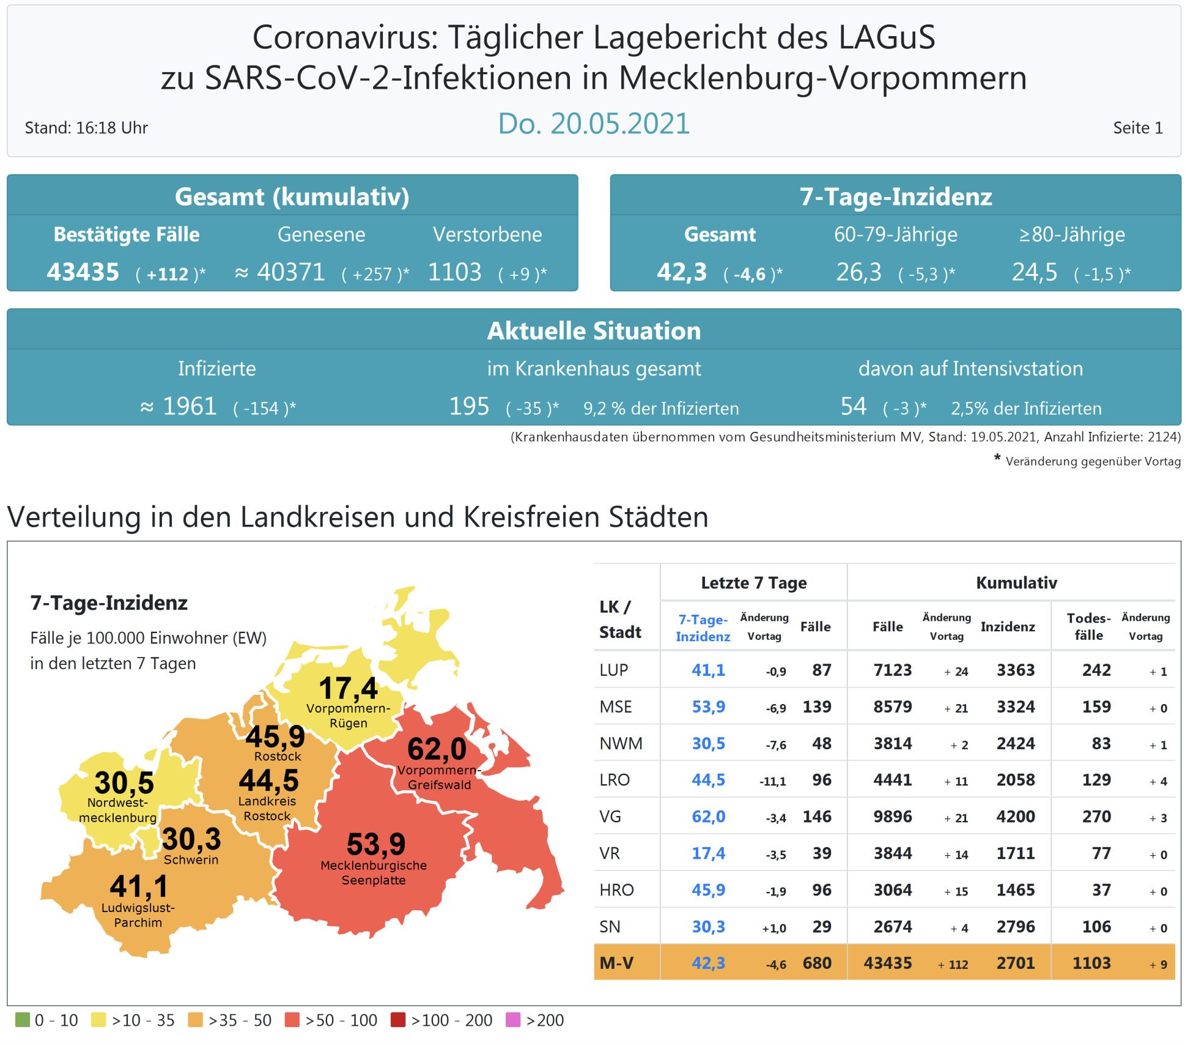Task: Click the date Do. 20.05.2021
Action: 593,124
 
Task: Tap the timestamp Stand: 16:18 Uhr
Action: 86,128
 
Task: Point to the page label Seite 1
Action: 1137,128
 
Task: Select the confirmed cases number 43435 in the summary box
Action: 83,272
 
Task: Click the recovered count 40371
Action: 290,272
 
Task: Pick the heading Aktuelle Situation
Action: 593,331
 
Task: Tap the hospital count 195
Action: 469,406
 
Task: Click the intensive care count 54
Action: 853,406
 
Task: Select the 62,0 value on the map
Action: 437,749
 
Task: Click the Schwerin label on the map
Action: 191,859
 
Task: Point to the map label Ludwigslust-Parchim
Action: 138,915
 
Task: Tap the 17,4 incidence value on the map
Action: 348,688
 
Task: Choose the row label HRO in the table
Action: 616,890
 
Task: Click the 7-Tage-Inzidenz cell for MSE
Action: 708,707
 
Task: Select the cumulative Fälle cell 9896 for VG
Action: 892,817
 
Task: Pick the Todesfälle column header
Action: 1088,626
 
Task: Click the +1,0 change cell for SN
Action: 773,928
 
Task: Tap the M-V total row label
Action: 616,963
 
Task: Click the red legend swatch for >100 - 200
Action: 398,1020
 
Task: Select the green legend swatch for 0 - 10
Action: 23,1020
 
